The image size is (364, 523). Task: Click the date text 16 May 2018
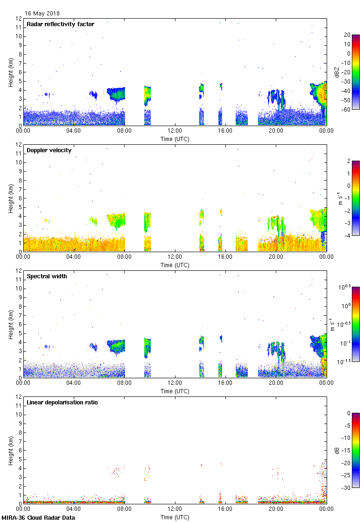[x=42, y=14]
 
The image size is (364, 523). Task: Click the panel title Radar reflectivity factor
[x=61, y=24]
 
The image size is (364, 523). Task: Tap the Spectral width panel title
[x=47, y=276]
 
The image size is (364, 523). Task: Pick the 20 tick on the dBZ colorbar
[x=347, y=35]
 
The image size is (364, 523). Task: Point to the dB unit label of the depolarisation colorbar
[x=337, y=450]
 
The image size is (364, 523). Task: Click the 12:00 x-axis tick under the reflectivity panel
[x=175, y=131]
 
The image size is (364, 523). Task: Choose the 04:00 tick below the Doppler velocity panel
[x=74, y=256]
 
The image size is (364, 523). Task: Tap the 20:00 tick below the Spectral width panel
[x=276, y=382]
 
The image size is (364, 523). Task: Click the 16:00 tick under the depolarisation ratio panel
[x=225, y=509]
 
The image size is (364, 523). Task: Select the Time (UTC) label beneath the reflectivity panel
[x=175, y=139]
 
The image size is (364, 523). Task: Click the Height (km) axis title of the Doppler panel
[x=11, y=198]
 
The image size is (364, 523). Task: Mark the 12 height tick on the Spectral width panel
[x=19, y=271]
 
